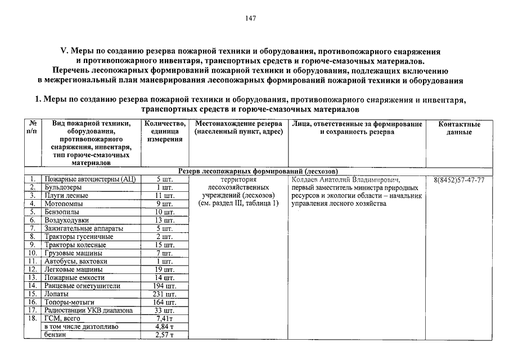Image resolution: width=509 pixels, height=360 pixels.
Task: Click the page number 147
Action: point(251,19)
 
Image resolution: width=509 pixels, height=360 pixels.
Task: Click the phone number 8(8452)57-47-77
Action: point(460,179)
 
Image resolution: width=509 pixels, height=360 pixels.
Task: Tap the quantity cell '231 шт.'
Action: point(164,294)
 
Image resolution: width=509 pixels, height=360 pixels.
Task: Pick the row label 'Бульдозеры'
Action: point(63,187)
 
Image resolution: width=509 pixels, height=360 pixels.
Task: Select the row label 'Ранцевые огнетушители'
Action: point(82,286)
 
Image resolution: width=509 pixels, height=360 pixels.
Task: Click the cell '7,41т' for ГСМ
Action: point(164,318)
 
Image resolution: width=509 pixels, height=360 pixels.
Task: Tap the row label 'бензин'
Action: point(55,335)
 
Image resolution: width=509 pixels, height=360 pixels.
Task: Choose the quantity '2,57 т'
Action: point(164,335)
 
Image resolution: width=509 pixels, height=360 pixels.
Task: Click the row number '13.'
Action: point(33,277)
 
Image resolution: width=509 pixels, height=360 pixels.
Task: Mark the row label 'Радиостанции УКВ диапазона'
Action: point(89,310)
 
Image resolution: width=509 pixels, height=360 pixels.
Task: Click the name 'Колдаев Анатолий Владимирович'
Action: point(346,179)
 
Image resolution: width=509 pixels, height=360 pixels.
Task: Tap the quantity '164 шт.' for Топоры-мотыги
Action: point(164,302)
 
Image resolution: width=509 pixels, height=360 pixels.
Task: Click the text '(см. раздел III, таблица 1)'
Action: point(239,204)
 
